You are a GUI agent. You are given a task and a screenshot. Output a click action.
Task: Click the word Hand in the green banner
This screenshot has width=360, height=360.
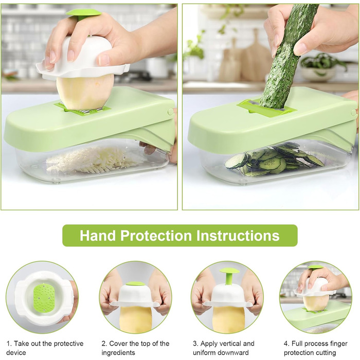98,236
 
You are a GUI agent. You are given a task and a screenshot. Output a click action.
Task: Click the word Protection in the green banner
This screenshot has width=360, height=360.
156,236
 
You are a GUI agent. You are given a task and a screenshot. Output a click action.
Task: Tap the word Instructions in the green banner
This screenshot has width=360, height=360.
238,236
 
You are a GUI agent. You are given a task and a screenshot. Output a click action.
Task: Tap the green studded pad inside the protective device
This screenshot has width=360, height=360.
44,298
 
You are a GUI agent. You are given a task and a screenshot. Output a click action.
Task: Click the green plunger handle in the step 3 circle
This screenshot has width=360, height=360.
229,276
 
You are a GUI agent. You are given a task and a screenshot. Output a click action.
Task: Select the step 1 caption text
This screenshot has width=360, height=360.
45,348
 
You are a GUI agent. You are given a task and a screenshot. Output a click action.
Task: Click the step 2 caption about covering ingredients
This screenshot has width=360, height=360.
135,348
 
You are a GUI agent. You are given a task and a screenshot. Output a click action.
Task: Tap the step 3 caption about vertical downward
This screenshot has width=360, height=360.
224,348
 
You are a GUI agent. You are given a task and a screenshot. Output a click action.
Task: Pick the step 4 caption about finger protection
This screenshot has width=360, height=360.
315,348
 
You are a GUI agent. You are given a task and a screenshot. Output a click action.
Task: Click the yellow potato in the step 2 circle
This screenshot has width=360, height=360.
135,319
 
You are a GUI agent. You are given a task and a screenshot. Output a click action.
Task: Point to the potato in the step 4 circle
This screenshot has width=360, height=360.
316,303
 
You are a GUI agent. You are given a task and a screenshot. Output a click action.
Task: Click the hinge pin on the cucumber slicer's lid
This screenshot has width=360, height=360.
354,113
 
